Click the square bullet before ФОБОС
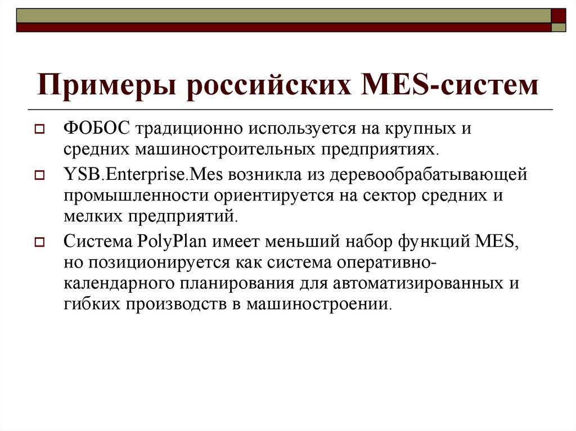(39, 129)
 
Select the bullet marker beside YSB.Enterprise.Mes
(39, 176)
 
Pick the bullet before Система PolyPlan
(39, 243)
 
